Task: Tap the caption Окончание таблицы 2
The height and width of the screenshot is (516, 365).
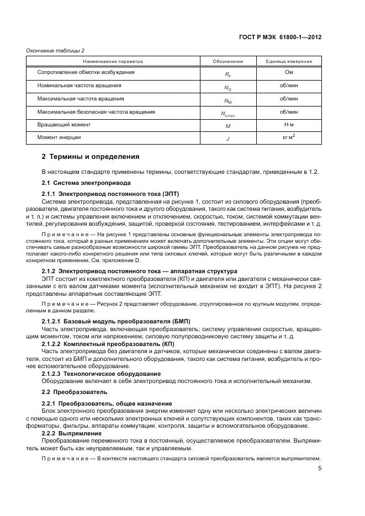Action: click(x=55, y=51)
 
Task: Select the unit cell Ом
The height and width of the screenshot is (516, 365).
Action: click(x=288, y=72)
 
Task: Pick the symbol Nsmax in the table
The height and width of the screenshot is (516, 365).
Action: click(x=228, y=114)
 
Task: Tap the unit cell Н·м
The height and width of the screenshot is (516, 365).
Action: click(x=288, y=125)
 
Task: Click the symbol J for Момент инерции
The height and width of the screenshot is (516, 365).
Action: click(x=228, y=139)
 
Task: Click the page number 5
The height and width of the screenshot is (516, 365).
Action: click(x=320, y=469)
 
